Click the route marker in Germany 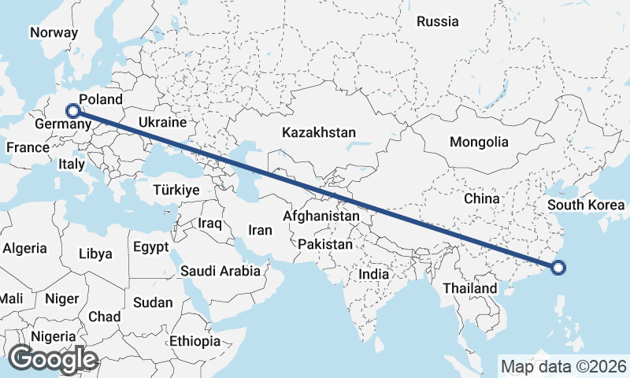tap(73, 111)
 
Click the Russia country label tap(438, 21)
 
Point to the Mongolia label tap(479, 143)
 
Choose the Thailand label tap(470, 288)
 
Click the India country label tap(374, 275)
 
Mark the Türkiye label tap(176, 190)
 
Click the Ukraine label tap(161, 123)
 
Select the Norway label tap(54, 32)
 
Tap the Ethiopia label tap(195, 341)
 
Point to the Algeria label tap(24, 248)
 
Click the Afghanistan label tap(321, 215)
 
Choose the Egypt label tap(150, 247)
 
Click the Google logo tap(53, 358)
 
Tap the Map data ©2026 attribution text tap(563, 366)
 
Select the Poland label tap(102, 99)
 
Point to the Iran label tap(260, 230)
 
